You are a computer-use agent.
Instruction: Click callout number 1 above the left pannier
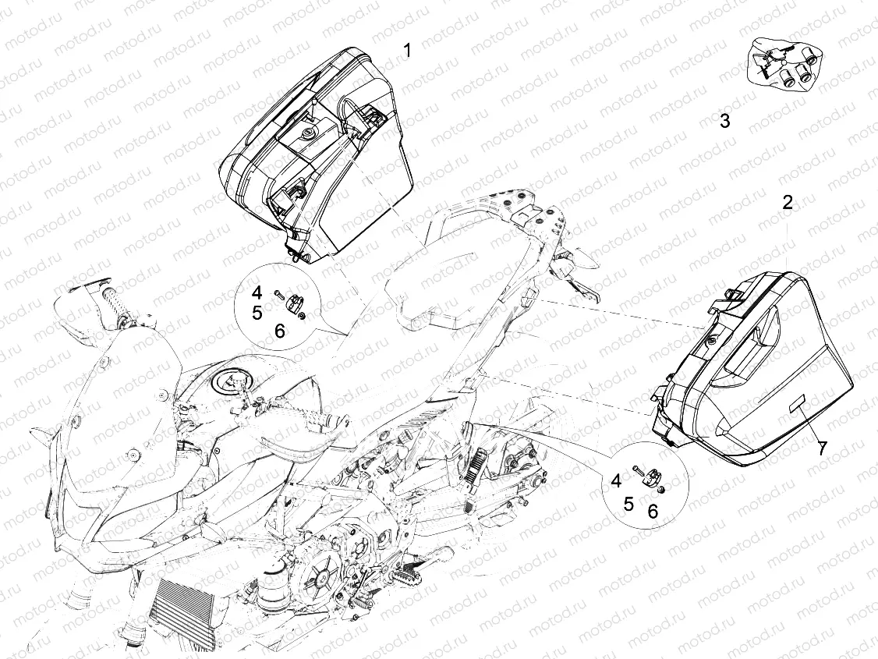click(x=408, y=51)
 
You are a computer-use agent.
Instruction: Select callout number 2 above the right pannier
click(x=788, y=203)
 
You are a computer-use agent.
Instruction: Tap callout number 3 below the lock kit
click(x=724, y=120)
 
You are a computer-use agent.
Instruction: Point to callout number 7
click(x=821, y=448)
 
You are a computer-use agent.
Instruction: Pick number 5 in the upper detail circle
click(x=257, y=313)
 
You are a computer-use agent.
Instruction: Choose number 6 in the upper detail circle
click(x=279, y=331)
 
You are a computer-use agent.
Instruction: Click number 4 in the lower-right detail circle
click(x=616, y=480)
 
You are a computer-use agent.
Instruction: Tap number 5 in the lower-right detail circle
click(x=628, y=504)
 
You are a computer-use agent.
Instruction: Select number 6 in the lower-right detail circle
click(x=653, y=511)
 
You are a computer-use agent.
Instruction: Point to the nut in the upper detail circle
click(x=302, y=317)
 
